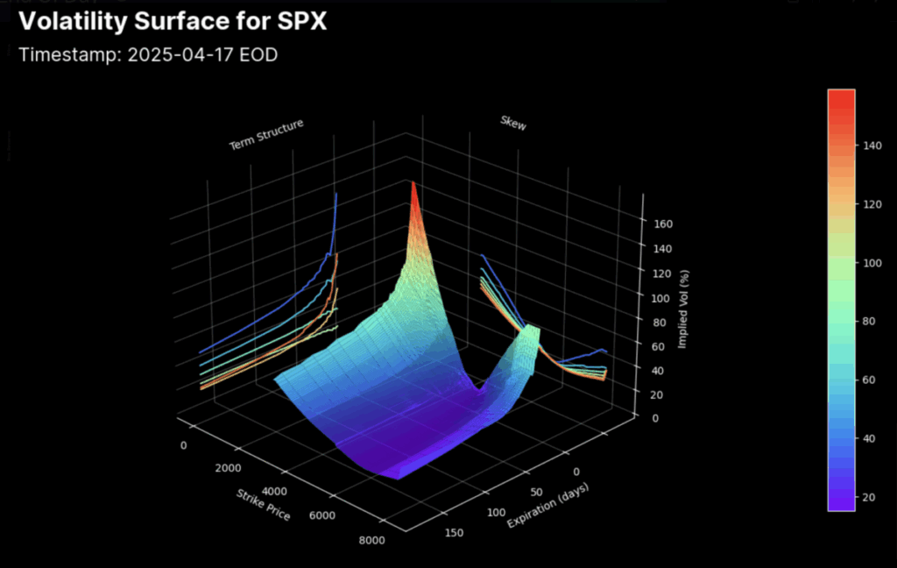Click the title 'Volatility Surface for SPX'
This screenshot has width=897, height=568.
coord(173,21)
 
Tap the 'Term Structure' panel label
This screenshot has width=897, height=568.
coord(266,135)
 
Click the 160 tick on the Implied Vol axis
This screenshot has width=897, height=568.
coord(662,224)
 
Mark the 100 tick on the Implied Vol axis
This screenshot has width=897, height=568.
coord(662,298)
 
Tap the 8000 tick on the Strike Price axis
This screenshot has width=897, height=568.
coord(371,541)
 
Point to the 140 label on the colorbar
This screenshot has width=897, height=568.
coord(871,147)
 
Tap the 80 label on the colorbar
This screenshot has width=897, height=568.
coord(871,321)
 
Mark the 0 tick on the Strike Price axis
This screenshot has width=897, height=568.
coord(183,446)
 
